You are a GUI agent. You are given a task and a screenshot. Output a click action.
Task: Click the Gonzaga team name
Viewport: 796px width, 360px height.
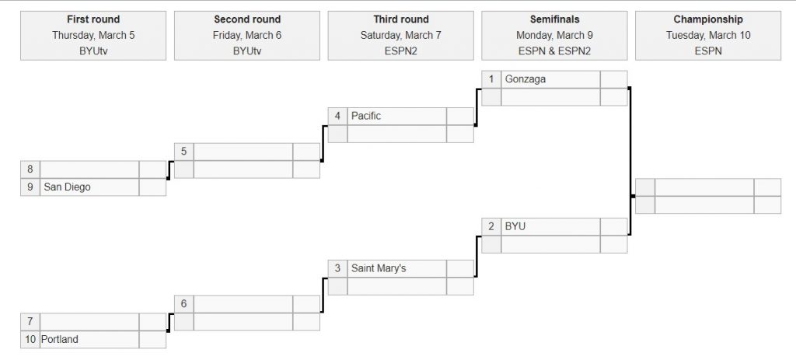525,79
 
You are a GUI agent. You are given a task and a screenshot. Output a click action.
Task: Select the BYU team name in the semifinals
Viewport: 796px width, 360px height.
515,226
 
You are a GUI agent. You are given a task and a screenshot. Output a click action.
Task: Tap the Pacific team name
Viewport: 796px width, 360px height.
365,117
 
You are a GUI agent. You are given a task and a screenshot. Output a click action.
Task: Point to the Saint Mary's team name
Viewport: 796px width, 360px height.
379,268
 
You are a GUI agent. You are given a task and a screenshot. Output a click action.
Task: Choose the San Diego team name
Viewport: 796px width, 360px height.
67,187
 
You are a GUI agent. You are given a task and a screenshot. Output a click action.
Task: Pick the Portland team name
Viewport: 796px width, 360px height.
59,339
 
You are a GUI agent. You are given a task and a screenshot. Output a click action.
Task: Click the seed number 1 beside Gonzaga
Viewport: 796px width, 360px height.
491,79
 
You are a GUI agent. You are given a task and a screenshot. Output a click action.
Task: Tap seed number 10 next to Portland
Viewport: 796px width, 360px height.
30,339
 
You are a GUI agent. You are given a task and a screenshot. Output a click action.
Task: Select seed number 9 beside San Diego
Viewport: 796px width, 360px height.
30,187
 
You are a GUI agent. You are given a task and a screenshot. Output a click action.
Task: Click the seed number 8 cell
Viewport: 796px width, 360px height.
30,170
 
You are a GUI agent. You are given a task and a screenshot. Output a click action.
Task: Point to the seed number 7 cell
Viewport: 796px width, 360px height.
30,322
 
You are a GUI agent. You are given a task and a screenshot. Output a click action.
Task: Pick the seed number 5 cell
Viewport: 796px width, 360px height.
183,152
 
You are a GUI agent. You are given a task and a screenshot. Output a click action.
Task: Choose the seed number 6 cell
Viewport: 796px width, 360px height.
183,304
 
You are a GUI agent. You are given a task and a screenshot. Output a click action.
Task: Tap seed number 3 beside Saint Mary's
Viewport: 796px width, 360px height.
337,268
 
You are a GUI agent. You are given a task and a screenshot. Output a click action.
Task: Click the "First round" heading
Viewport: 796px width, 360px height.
93,19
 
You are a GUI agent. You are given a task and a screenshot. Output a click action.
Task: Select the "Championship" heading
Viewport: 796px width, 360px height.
707,19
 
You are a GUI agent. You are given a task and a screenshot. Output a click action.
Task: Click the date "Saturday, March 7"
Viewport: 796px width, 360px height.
400,35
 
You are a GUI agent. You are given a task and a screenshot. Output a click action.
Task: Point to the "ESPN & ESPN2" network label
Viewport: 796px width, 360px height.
554,51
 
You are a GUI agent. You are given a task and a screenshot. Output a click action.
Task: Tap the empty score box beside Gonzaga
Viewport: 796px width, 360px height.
614,79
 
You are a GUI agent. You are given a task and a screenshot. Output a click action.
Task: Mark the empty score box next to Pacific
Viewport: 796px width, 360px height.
460,117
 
